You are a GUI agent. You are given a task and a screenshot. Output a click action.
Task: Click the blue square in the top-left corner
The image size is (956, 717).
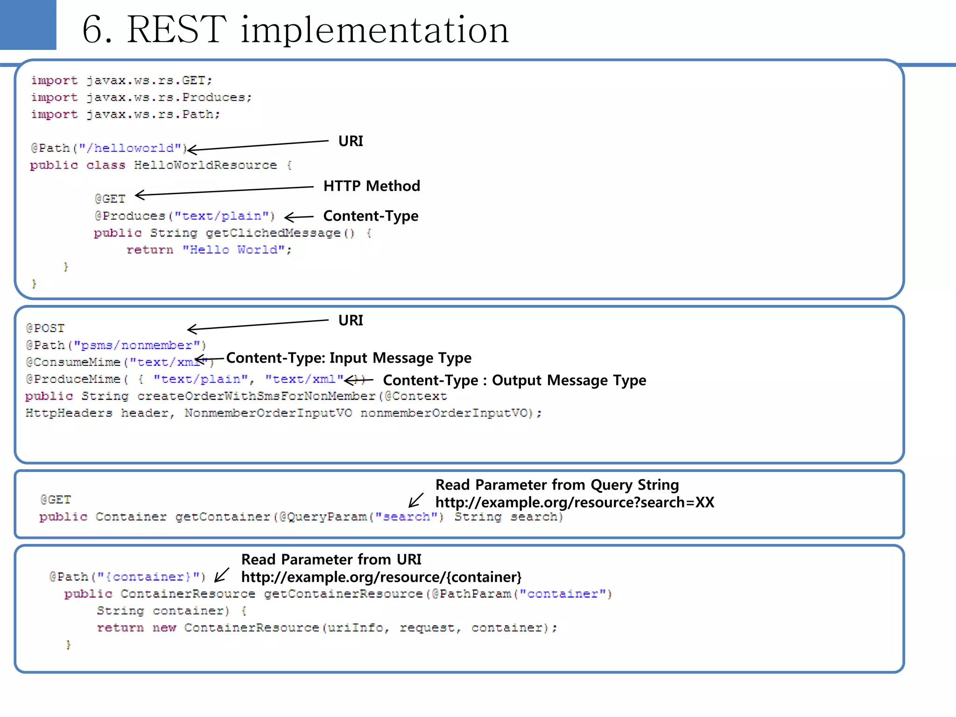(x=28, y=24)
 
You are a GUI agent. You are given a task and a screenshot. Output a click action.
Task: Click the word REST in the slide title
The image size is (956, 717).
(x=176, y=30)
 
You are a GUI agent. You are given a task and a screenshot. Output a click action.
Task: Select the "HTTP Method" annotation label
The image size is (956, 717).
(x=372, y=186)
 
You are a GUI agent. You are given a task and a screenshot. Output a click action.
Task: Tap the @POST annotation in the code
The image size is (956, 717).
(x=45, y=328)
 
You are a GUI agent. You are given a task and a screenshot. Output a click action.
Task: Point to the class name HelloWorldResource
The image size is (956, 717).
(x=205, y=165)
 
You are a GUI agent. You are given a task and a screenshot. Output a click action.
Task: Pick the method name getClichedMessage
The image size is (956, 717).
(x=273, y=233)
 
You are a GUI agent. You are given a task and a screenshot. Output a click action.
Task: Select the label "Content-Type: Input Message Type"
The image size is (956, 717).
(x=349, y=358)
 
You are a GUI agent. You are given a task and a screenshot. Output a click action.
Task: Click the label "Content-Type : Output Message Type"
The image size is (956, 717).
(x=514, y=380)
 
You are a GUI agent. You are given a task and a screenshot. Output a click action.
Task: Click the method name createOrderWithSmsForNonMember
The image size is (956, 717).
(x=256, y=396)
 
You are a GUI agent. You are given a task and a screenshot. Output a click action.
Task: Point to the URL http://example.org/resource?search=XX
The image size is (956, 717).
(x=575, y=502)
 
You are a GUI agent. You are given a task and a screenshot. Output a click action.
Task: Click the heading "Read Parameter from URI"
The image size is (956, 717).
(x=331, y=559)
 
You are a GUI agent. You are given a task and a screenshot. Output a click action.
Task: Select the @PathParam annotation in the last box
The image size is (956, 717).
(x=471, y=594)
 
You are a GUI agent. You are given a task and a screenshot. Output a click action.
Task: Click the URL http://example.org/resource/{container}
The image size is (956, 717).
(x=381, y=577)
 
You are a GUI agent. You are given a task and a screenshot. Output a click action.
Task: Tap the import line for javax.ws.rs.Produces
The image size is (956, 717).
(x=141, y=98)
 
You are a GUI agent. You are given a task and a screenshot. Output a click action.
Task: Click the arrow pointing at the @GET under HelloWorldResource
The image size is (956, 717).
(x=224, y=191)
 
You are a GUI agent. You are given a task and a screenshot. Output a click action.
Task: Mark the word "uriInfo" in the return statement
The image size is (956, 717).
(x=356, y=628)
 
